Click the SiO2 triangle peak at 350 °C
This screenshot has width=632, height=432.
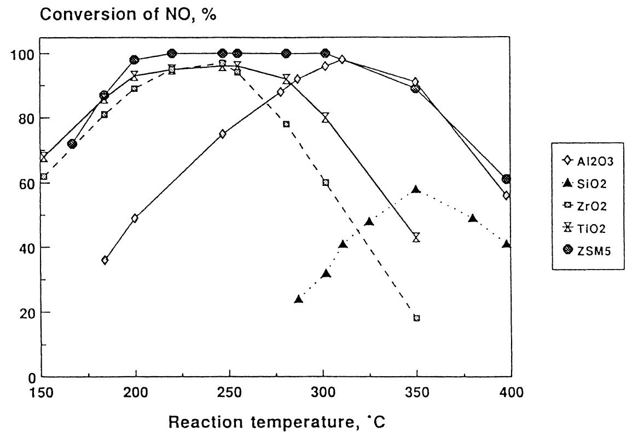click(x=416, y=189)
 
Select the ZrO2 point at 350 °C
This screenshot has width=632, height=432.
click(x=416, y=318)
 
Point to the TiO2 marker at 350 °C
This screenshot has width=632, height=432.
click(x=416, y=237)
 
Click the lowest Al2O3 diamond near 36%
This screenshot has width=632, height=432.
click(x=105, y=260)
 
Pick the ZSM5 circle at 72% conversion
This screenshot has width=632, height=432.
click(x=72, y=144)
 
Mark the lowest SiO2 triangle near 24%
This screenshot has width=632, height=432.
click(x=298, y=299)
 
